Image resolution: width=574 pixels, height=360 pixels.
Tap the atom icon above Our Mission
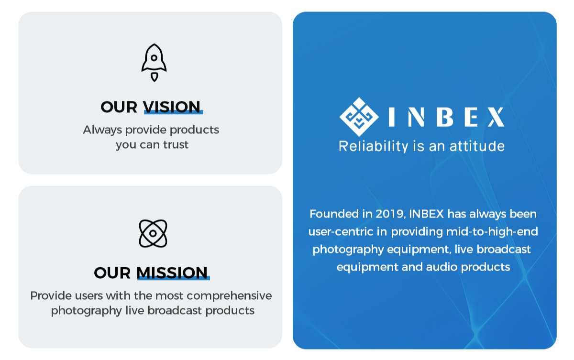tap(153, 233)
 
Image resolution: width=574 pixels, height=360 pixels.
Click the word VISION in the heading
tap(172, 107)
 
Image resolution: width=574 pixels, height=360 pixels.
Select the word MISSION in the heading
tap(172, 273)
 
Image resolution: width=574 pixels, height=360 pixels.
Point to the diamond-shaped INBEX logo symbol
tap(359, 117)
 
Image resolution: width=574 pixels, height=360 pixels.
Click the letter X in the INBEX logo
tap(497, 117)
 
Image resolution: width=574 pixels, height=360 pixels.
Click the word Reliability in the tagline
tap(374, 146)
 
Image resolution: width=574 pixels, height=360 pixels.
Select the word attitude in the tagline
tap(477, 146)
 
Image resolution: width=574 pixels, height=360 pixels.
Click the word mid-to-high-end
tap(492, 232)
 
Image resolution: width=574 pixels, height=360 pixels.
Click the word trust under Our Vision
tap(176, 145)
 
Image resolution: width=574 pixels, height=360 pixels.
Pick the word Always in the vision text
tap(102, 130)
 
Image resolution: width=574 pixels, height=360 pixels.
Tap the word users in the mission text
tap(90, 296)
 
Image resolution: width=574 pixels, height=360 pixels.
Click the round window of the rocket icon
tap(154, 58)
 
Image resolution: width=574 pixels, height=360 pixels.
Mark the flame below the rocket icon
tap(154, 77)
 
